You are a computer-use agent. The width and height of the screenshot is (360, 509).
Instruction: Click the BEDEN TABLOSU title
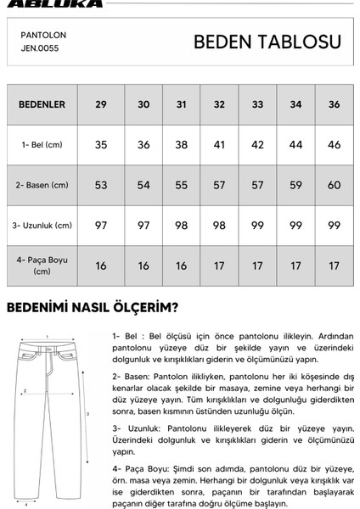[x=267, y=42]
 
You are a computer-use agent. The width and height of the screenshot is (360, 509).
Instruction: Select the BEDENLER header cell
[x=42, y=105]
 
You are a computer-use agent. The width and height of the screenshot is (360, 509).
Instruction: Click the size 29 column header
[x=101, y=105]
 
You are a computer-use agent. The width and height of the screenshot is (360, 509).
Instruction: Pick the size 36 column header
[x=334, y=105]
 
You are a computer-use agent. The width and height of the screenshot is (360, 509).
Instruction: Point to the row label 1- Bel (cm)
[x=42, y=145]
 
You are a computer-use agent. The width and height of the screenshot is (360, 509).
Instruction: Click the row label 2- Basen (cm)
[x=42, y=185]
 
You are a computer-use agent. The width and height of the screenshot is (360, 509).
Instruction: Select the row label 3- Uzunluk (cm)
[x=42, y=225]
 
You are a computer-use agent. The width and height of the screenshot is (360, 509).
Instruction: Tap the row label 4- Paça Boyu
[x=42, y=266]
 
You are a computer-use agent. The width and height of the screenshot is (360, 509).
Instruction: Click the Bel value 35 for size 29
[x=101, y=145]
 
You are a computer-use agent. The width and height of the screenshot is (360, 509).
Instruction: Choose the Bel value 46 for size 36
[x=334, y=145]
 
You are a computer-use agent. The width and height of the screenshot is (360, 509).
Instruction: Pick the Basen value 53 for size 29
[x=101, y=185]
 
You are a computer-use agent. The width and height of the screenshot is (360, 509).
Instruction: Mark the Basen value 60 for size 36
[x=334, y=185]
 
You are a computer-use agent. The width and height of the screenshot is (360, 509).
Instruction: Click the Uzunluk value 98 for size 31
[x=181, y=225]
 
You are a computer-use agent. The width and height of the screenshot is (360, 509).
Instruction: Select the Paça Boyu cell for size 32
[x=219, y=266]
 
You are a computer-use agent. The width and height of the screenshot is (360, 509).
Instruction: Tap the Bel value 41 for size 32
[x=219, y=145]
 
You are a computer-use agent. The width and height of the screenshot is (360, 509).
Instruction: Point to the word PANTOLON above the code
[x=43, y=37]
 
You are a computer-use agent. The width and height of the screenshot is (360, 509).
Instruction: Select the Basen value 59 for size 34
[x=295, y=185]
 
